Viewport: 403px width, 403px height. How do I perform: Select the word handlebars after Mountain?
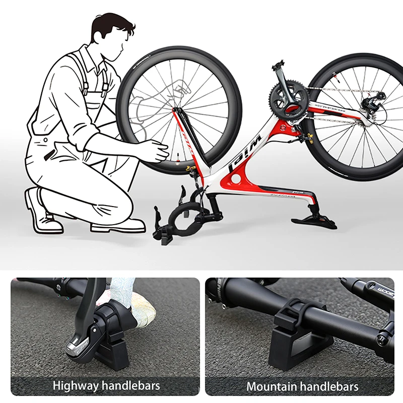[x=329, y=386]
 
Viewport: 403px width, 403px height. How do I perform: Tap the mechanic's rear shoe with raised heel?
[x=43, y=212]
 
